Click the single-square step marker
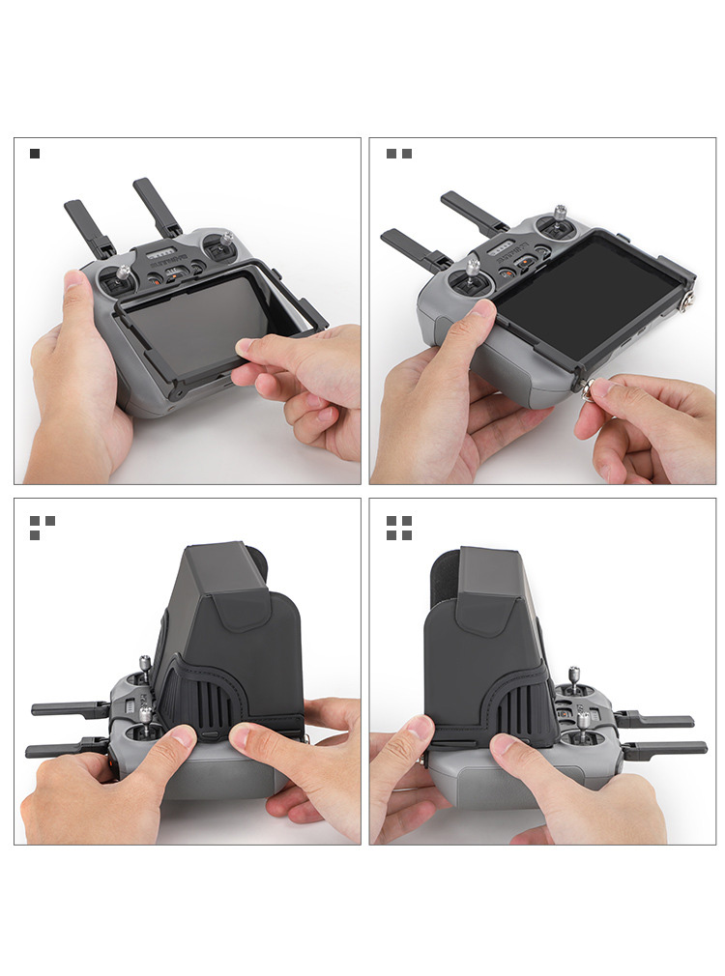click(x=35, y=154)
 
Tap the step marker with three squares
click(x=42, y=527)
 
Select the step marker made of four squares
click(x=399, y=527)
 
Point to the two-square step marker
click(x=399, y=154)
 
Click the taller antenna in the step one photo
click(x=157, y=206)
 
